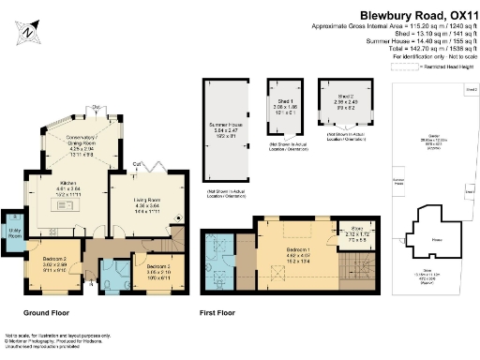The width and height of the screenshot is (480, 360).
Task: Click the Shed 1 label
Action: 284,106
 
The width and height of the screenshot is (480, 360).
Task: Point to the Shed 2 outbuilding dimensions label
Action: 345,100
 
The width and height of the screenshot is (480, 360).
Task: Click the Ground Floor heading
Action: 46,312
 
